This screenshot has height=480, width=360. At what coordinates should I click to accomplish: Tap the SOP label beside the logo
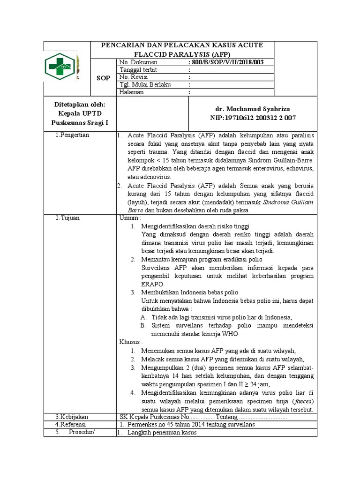pyautogui.click(x=103, y=78)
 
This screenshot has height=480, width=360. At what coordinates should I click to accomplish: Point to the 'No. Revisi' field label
pyautogui.click(x=134, y=77)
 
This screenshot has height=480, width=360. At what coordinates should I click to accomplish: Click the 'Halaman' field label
pyautogui.click(x=132, y=92)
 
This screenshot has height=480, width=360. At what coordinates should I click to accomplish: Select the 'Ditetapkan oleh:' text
pyautogui.click(x=79, y=105)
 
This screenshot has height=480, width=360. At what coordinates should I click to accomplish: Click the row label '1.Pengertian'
pyautogui.click(x=72, y=135)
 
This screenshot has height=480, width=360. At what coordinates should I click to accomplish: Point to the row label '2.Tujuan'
pyautogui.click(x=67, y=218)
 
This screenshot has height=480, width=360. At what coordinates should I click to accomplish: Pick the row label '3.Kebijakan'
pyautogui.click(x=71, y=417)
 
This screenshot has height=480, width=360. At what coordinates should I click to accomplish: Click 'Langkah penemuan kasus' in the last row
pyautogui.click(x=162, y=432)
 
